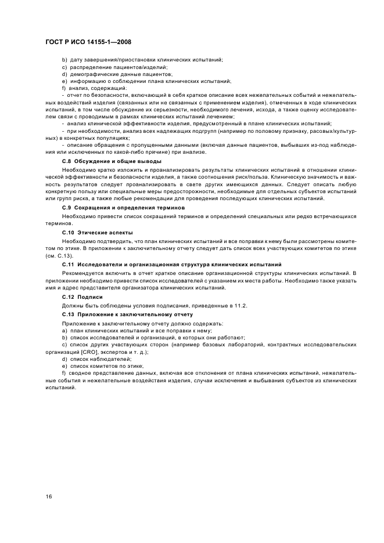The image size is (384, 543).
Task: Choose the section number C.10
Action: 69,231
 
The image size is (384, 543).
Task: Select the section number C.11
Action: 69,264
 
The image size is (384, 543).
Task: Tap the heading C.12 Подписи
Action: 86,296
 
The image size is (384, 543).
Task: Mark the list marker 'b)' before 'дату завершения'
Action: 64,60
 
